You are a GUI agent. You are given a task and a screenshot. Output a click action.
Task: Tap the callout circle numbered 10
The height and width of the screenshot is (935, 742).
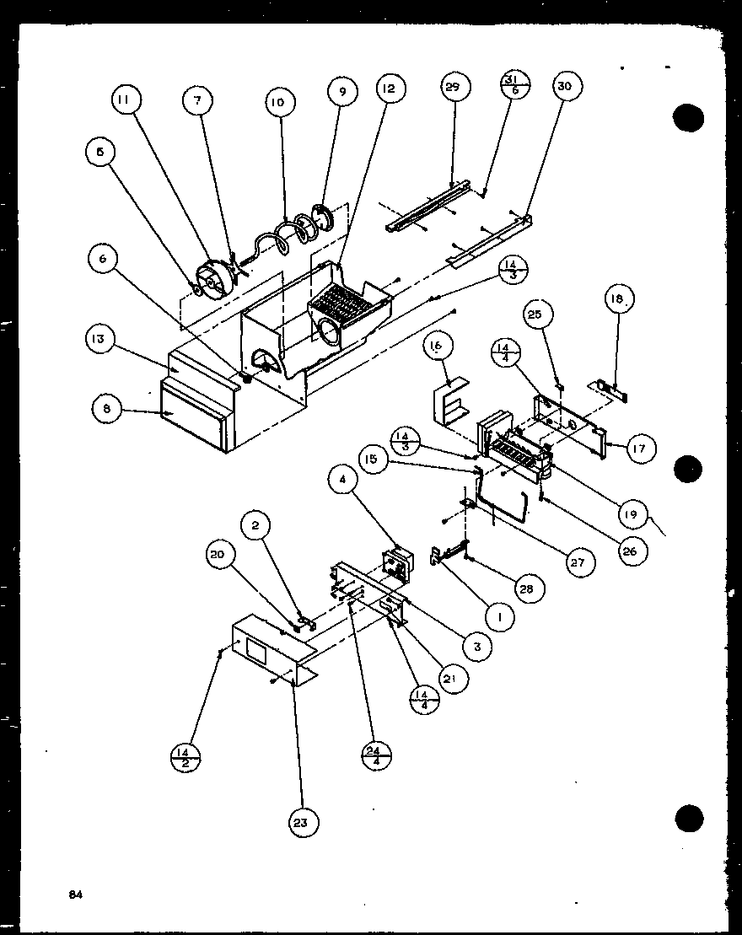tap(278, 103)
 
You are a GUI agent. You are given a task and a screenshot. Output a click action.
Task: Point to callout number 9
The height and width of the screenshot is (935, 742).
tap(343, 91)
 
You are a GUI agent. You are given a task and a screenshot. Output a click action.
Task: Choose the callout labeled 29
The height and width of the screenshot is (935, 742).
tap(454, 87)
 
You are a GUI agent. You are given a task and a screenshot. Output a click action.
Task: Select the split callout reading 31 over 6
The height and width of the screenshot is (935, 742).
tap(515, 85)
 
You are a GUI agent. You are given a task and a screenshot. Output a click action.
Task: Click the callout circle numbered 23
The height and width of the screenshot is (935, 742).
tap(301, 822)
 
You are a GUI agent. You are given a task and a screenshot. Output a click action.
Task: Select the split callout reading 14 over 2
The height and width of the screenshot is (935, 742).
tap(185, 757)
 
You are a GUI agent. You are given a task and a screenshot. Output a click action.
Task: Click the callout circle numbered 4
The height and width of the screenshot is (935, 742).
tap(343, 482)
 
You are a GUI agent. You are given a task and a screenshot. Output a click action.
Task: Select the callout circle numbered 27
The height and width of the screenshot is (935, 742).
tap(582, 562)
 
